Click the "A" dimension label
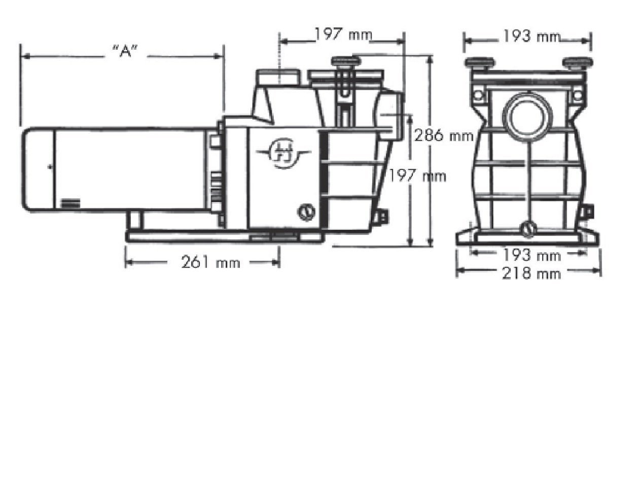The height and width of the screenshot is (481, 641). coord(125,51)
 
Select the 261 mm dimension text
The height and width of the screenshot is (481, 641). coord(210,262)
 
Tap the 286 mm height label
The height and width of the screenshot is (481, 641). coord(444,135)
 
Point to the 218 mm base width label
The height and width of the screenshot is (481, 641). coord(531,274)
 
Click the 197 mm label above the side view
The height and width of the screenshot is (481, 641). coord(343,35)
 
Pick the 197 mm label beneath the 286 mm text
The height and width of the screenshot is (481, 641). coord(417,176)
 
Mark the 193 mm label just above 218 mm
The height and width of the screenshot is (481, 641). coord(531,255)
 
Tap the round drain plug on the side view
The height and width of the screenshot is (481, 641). coord(306,212)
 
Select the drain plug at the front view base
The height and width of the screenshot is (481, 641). coord(528,229)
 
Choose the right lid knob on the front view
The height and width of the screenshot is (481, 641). coord(578,63)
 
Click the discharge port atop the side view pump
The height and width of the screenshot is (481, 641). coord(278,78)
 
